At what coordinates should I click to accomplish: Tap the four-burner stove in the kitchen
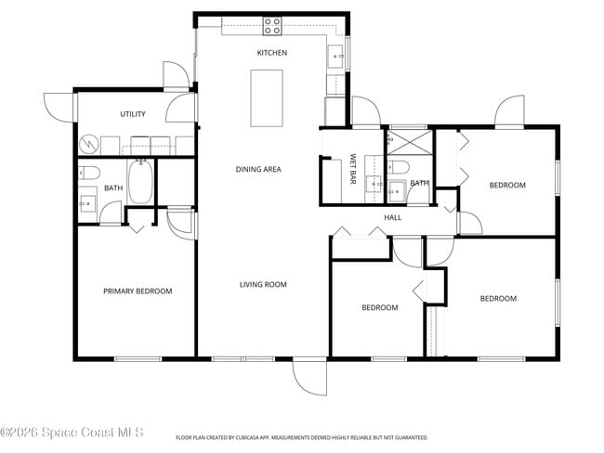pyautogui.click(x=272, y=25)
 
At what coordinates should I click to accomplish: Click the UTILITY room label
pyautogui.click(x=133, y=114)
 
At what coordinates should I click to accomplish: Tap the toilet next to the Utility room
pyautogui.click(x=89, y=172)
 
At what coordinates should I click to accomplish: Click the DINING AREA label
pyautogui.click(x=258, y=169)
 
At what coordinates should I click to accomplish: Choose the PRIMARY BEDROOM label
pyautogui.click(x=138, y=291)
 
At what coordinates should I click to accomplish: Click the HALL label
pyautogui.click(x=392, y=217)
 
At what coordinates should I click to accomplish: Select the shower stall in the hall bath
pyautogui.click(x=409, y=143)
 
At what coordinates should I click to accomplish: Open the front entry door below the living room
pyautogui.click(x=310, y=376)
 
